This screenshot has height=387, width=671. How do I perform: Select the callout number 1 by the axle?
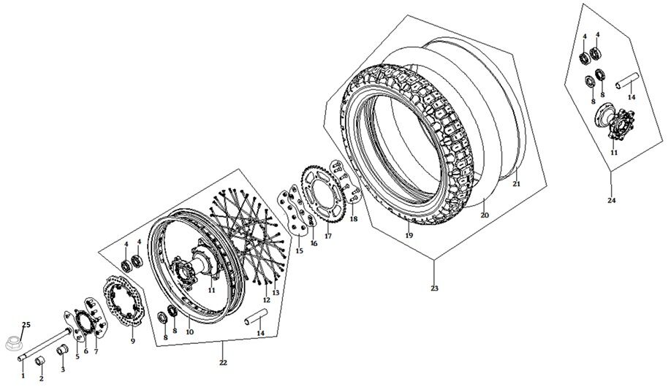tap(23, 376)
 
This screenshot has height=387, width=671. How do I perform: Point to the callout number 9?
tap(132, 340)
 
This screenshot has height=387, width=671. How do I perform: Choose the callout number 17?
tap(328, 237)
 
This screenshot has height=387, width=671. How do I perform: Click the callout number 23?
tap(434, 288)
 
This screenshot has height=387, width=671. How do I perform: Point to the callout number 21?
tap(516, 184)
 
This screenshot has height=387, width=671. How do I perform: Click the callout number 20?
tap(483, 215)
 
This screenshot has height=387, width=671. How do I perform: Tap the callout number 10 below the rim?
tap(189, 332)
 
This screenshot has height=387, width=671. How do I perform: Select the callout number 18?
tap(354, 219)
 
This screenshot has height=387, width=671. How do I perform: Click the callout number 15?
tap(298, 250)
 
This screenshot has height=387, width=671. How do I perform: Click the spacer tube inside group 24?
tap(629, 81)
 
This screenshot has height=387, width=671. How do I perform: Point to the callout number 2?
tap(41, 378)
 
